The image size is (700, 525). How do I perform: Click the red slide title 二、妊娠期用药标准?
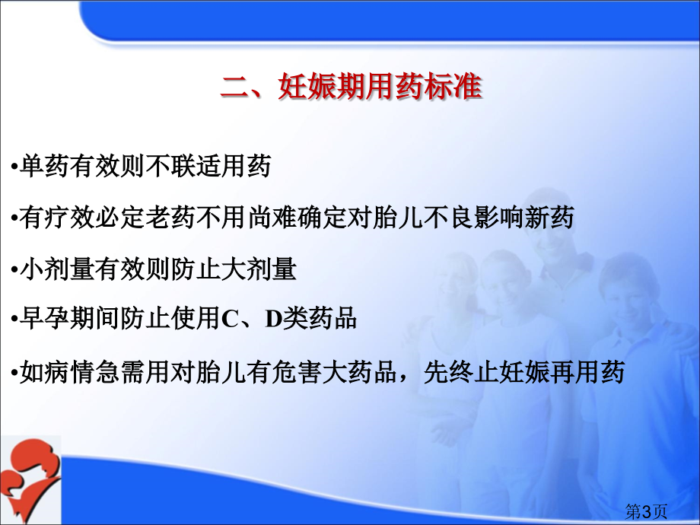pyautogui.click(x=352, y=86)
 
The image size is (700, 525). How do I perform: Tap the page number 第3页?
pyautogui.click(x=646, y=511)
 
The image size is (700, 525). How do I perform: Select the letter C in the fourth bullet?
pyautogui.click(x=231, y=319)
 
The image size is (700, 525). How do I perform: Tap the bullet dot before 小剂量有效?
pyautogui.click(x=14, y=271)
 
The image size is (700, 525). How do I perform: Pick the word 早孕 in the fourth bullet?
pyautogui.click(x=44, y=319)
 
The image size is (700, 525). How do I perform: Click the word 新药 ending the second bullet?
pyautogui.click(x=549, y=218)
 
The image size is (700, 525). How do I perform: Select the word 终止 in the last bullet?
pyautogui.click(x=474, y=372)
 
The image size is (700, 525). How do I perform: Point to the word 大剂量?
pyautogui.click(x=259, y=269)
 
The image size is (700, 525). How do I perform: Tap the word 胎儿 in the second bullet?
pyautogui.click(x=398, y=218)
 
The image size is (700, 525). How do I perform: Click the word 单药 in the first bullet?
pyautogui.click(x=44, y=166)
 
